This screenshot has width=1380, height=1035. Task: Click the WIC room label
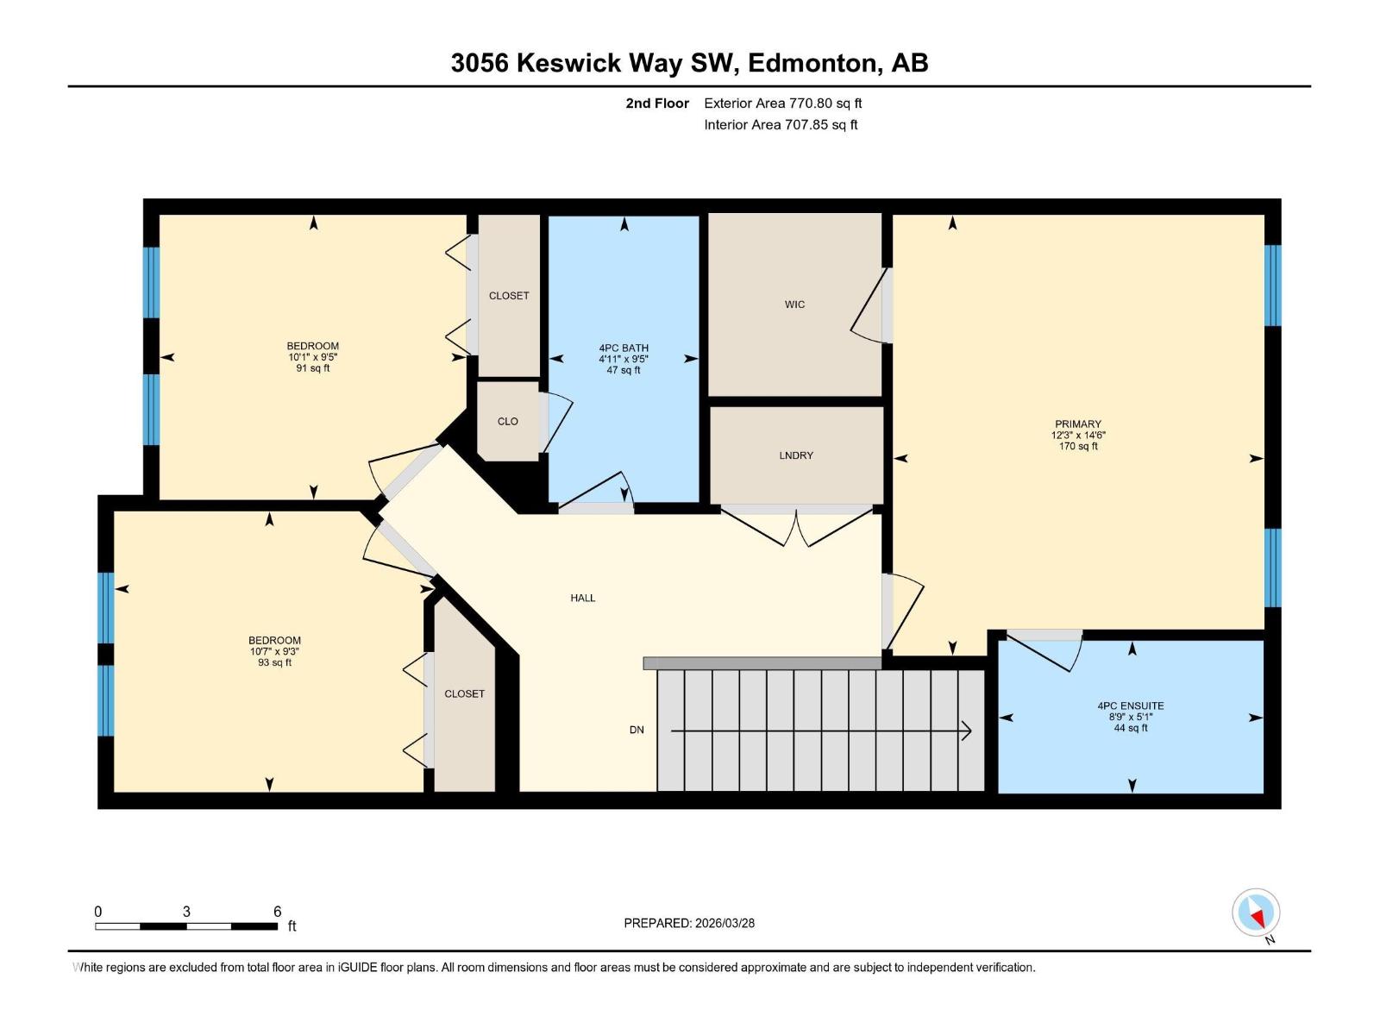click(794, 304)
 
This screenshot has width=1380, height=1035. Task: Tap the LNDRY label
click(795, 455)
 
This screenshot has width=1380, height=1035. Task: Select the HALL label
click(582, 598)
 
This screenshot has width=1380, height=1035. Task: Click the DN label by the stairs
click(637, 730)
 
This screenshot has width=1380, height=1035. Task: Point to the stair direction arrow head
click(967, 731)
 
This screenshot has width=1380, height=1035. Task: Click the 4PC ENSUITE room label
click(1130, 706)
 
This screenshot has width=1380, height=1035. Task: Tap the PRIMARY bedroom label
click(1077, 424)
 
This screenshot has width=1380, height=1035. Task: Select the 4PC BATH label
click(624, 348)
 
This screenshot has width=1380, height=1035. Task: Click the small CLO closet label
click(507, 422)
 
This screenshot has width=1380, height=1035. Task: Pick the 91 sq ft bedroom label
click(312, 357)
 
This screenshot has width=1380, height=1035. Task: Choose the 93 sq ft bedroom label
click(274, 651)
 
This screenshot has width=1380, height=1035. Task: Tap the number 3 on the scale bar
click(186, 912)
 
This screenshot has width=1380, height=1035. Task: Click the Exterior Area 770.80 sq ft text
click(782, 103)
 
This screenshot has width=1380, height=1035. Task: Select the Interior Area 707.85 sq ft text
click(781, 125)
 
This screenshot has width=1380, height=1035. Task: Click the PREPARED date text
click(689, 923)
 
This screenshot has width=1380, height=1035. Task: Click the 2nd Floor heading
click(657, 103)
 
